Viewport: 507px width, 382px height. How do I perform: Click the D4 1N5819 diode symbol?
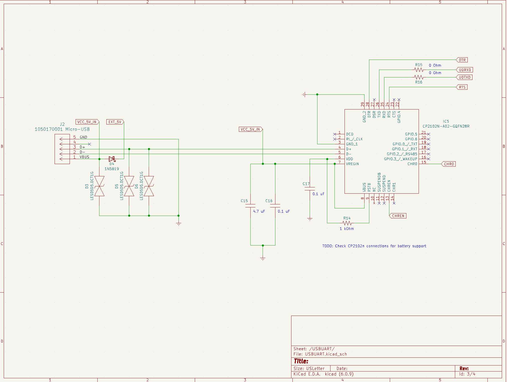coord(112,159)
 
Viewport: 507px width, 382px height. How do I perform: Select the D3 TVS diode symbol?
coord(99,186)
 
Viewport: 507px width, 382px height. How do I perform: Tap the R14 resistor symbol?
coord(347,223)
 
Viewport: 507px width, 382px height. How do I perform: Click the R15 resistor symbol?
coord(419,70)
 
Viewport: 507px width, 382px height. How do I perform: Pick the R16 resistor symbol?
coord(419,77)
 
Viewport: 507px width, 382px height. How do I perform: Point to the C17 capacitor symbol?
coord(310,189)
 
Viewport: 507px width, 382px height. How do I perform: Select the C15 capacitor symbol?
coord(250,206)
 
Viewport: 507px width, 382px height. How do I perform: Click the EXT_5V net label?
coord(115,122)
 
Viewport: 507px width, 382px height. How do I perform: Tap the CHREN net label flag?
coord(398,216)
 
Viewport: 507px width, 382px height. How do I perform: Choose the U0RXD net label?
coord(465,70)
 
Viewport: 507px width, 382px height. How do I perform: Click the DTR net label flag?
coord(462,60)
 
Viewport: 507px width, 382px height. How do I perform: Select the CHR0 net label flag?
coord(449,164)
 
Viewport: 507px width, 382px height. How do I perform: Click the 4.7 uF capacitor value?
coord(259,211)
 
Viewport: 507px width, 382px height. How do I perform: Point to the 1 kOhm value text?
coord(347,229)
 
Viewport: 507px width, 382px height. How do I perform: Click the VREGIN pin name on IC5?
coord(353,164)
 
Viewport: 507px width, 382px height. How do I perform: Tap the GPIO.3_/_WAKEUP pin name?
coord(401,159)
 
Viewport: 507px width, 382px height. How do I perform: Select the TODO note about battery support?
coord(374,246)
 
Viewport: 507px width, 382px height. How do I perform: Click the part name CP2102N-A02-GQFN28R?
coord(446,126)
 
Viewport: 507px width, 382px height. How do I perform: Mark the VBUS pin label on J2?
coord(84,157)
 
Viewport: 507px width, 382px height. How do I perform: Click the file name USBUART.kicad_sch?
coord(326,354)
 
